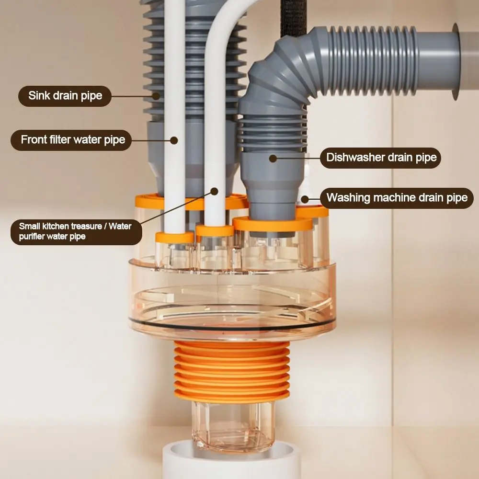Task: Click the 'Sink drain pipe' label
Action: tap(65, 95)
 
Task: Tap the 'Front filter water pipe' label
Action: tap(72, 140)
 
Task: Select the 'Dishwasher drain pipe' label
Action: tap(381, 158)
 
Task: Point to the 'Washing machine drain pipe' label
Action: tap(397, 197)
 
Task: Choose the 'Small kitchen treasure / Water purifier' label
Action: tap(76, 231)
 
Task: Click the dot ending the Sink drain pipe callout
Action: tap(156, 95)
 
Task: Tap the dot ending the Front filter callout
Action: tap(174, 140)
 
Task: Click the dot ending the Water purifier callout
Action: tap(214, 192)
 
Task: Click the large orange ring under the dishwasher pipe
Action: tap(273, 224)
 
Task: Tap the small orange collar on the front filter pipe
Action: tap(174, 237)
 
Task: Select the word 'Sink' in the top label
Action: tap(39, 95)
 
